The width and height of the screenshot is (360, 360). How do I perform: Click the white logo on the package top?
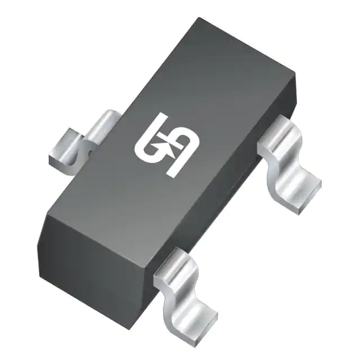coord(164,145)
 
